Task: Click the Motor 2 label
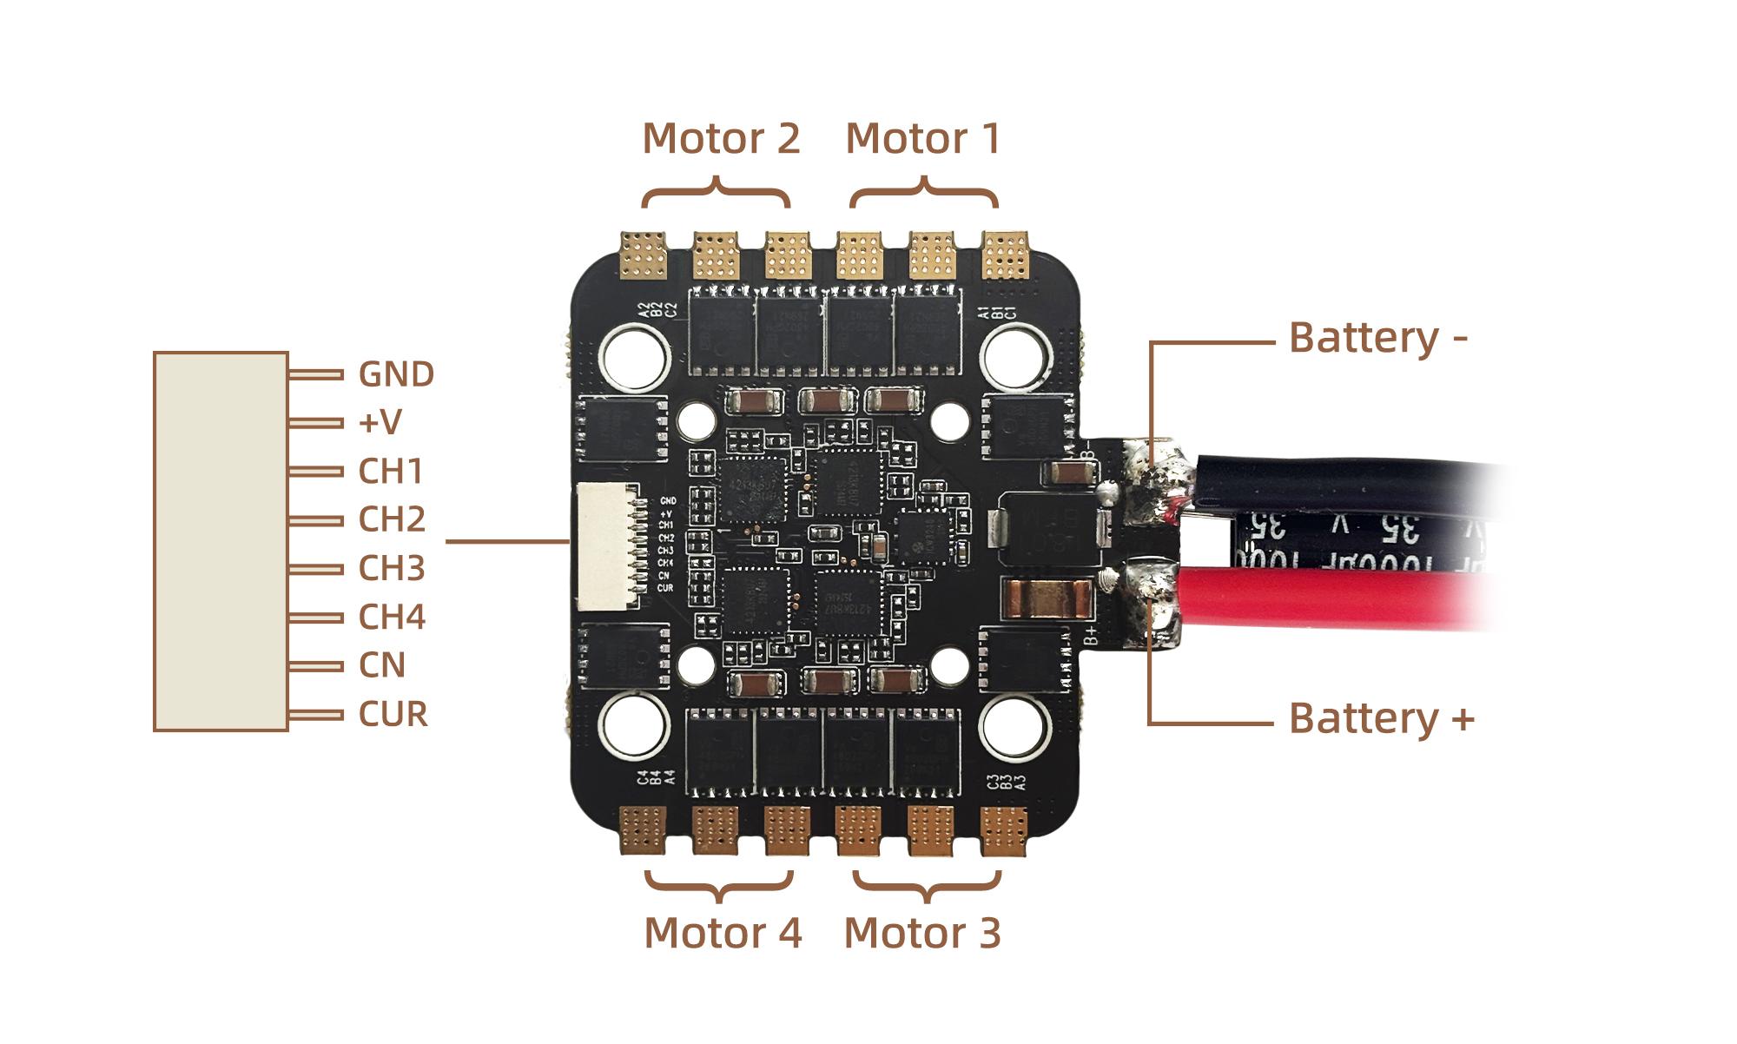[x=721, y=139]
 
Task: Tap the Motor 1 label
[x=922, y=139]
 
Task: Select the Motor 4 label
[x=723, y=933]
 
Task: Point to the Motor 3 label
[x=922, y=933]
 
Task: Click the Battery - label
[x=1377, y=338]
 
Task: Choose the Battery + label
[x=1381, y=718]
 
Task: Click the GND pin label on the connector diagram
[x=396, y=374]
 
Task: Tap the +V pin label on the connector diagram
[x=380, y=423]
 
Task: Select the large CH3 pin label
[x=392, y=568]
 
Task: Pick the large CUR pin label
[x=393, y=714]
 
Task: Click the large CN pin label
[x=382, y=665]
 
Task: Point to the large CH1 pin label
[x=391, y=472]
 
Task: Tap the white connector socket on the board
[x=607, y=545]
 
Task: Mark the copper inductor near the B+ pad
[x=1046, y=597]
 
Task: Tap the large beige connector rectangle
[x=221, y=541]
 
